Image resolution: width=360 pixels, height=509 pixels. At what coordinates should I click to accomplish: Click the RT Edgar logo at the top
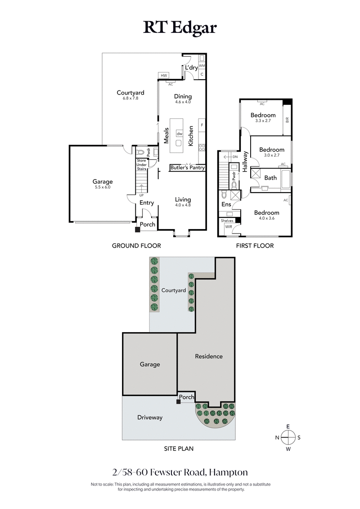pyautogui.click(x=180, y=27)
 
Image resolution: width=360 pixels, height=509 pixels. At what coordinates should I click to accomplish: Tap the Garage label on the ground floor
pyautogui.click(x=103, y=182)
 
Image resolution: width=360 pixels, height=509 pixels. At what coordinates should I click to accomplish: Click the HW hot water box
pyautogui.click(x=163, y=76)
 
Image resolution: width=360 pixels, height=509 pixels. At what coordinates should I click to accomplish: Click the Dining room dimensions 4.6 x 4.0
pyautogui.click(x=183, y=102)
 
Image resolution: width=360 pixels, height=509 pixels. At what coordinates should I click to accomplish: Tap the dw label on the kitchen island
pyautogui.click(x=179, y=134)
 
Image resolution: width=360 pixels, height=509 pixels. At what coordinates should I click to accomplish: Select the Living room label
pyautogui.click(x=183, y=199)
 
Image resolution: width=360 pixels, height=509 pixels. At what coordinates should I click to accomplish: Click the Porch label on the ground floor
pyautogui.click(x=148, y=225)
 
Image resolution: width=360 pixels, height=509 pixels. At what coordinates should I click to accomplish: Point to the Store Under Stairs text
pyautogui.click(x=142, y=164)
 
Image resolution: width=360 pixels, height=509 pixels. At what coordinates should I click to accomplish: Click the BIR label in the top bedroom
pyautogui.click(x=287, y=120)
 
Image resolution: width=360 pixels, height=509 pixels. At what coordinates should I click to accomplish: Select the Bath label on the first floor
pyautogui.click(x=270, y=178)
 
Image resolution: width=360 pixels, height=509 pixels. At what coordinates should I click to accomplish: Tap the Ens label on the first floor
pyautogui.click(x=226, y=204)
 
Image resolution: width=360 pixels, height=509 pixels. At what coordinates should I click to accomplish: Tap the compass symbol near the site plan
pyautogui.click(x=288, y=437)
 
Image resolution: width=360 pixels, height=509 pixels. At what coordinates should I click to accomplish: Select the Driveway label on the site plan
pyautogui.click(x=150, y=417)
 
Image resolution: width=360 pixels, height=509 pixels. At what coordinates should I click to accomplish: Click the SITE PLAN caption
pyautogui.click(x=179, y=448)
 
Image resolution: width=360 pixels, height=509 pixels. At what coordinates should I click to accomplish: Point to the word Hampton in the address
pyautogui.click(x=229, y=473)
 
